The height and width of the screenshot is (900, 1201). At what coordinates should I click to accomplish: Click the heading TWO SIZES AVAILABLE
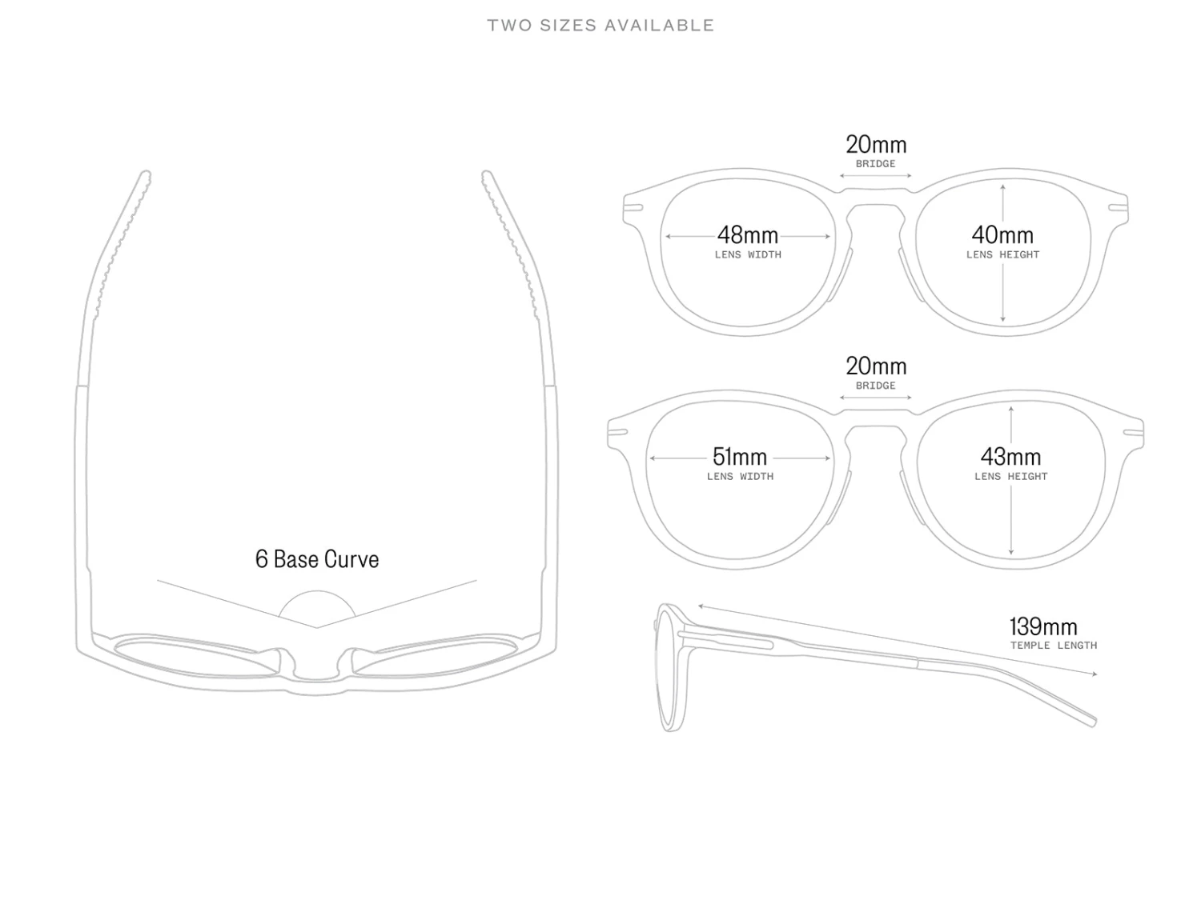click(x=600, y=26)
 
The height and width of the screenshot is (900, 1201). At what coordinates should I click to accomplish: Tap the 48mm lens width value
click(x=748, y=235)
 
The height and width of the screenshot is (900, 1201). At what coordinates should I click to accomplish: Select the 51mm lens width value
click(x=740, y=457)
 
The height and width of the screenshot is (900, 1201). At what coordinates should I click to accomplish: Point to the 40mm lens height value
click(x=1002, y=235)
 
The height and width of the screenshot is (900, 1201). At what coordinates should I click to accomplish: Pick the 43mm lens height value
click(x=1011, y=457)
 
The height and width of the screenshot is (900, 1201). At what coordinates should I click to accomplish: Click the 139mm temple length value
click(x=1043, y=626)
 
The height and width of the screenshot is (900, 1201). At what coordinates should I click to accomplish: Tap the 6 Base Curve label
click(x=317, y=559)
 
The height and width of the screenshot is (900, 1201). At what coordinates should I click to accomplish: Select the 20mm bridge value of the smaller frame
click(x=876, y=145)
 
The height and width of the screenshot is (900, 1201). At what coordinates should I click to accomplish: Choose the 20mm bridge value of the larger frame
click(x=876, y=366)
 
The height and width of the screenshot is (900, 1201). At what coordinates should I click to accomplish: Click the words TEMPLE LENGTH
click(x=1054, y=646)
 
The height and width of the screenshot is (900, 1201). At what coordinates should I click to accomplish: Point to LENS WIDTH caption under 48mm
click(x=748, y=255)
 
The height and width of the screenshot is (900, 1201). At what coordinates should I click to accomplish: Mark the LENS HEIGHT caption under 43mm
click(x=1011, y=477)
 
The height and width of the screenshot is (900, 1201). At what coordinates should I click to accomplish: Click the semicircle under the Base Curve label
click(x=317, y=606)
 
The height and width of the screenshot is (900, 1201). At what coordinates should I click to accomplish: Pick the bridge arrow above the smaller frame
click(x=876, y=175)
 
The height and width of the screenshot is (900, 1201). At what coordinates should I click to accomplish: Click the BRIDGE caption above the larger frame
click(x=876, y=386)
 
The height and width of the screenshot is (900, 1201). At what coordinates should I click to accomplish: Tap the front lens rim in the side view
click(x=664, y=668)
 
